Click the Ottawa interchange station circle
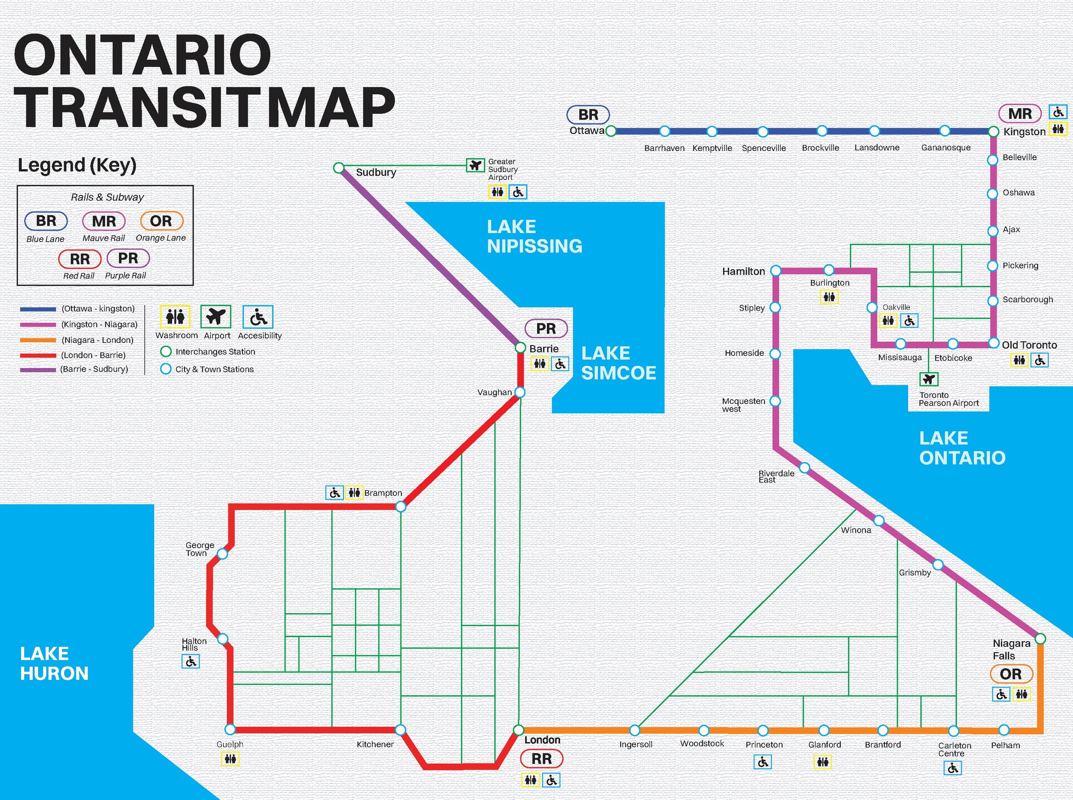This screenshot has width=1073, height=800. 611,131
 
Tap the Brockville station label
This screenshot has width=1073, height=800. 820,148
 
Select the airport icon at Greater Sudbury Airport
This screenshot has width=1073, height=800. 476,165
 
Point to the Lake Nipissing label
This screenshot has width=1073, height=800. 534,236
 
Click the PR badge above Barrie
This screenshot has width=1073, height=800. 546,329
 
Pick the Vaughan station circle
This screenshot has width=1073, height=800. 520,392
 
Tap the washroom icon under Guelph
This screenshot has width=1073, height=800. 230,759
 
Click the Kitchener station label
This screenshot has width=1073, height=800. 375,744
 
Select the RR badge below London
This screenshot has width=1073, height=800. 541,759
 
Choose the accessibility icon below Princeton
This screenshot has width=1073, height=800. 763,762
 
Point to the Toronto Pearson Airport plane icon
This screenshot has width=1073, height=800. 929,379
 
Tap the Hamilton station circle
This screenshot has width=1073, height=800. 776,271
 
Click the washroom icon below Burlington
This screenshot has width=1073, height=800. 829,297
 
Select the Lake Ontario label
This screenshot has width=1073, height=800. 962,448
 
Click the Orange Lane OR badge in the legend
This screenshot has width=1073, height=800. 161,221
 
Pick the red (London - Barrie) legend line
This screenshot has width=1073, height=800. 38,355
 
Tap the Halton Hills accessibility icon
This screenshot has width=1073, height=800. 191,661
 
